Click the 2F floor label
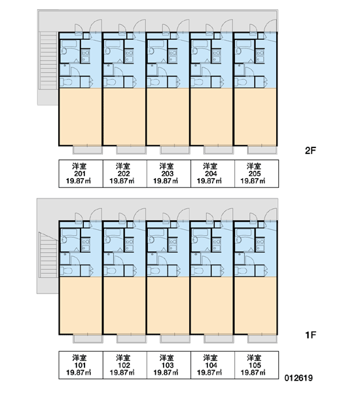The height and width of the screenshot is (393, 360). (x=310, y=151)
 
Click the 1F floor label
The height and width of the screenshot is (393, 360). (x=310, y=335)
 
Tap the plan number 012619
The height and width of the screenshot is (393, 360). (x=298, y=378)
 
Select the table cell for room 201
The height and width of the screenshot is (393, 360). (x=81, y=174)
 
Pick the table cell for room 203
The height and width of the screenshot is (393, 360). (x=169, y=174)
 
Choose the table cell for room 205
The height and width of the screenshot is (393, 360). (x=257, y=174)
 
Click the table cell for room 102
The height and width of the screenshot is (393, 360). (x=125, y=365)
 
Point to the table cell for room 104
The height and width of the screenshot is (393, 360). (x=213, y=365)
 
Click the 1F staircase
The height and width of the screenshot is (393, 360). (x=48, y=255)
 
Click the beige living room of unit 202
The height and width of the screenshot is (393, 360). (x=124, y=117)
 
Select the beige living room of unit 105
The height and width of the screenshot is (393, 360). (x=255, y=305)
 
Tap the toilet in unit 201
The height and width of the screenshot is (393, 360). (x=66, y=82)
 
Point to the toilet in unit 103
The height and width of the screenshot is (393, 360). (x=153, y=271)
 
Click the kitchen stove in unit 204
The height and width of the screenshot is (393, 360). (x=217, y=56)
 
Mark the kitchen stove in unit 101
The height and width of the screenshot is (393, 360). (x=86, y=245)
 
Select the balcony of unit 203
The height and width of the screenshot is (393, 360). (x=175, y=150)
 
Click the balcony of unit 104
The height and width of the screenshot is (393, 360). (x=219, y=339)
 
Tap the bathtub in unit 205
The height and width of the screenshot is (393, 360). (x=243, y=44)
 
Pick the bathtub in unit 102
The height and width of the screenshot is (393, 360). (x=113, y=233)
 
